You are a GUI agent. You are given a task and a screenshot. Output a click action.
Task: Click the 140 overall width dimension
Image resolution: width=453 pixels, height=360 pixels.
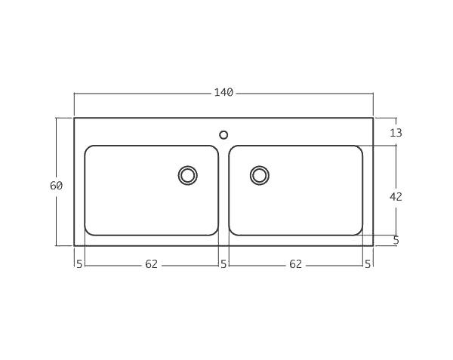click(223, 93)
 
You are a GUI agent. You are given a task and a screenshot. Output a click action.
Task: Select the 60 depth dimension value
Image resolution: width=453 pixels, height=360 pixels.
click(56, 186)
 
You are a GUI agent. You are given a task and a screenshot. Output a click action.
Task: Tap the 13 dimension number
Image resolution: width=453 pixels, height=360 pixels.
click(396, 133)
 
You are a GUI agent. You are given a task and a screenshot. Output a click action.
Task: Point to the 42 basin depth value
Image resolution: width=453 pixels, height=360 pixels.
click(396, 196)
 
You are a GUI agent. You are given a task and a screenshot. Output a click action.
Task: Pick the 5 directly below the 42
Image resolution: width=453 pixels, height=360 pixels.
click(396, 241)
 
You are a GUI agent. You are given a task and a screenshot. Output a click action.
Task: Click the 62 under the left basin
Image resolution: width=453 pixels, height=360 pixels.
click(151, 264)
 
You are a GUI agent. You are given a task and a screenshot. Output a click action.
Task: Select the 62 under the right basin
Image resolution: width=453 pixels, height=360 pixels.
click(295, 264)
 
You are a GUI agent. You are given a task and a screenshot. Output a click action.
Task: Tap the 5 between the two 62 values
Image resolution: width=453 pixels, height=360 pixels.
click(223, 264)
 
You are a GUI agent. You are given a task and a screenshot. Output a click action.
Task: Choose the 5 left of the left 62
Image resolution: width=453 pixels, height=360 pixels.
click(79, 264)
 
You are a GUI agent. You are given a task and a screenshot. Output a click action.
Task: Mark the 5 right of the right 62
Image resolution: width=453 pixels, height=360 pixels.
click(368, 264)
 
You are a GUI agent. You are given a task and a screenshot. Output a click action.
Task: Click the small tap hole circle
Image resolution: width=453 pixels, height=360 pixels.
click(223, 135)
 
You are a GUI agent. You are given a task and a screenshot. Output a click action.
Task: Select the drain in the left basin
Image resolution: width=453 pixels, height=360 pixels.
click(187, 175)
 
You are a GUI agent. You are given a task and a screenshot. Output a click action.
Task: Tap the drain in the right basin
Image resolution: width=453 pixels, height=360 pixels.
click(259, 175)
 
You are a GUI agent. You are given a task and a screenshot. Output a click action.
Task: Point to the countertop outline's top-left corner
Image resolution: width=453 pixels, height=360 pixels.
click(74, 118)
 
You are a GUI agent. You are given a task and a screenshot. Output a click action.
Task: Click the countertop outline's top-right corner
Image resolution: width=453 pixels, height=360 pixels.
click(373, 118)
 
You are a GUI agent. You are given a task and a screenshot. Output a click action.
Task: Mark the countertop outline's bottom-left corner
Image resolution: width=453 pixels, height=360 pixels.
click(74, 245)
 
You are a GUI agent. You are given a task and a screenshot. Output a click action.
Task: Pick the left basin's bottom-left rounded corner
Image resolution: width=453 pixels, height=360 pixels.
click(88, 232)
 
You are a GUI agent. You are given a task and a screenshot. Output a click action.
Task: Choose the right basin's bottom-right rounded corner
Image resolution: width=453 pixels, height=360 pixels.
click(359, 232)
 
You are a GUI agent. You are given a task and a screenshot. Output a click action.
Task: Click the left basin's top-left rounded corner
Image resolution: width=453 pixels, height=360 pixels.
click(88, 149)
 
